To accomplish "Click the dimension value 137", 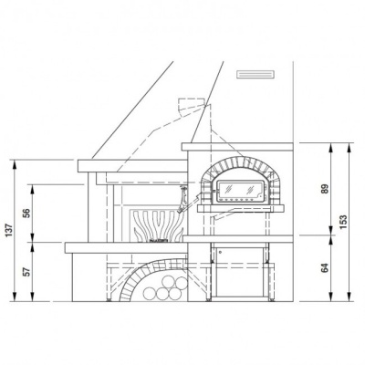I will point(9,232).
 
